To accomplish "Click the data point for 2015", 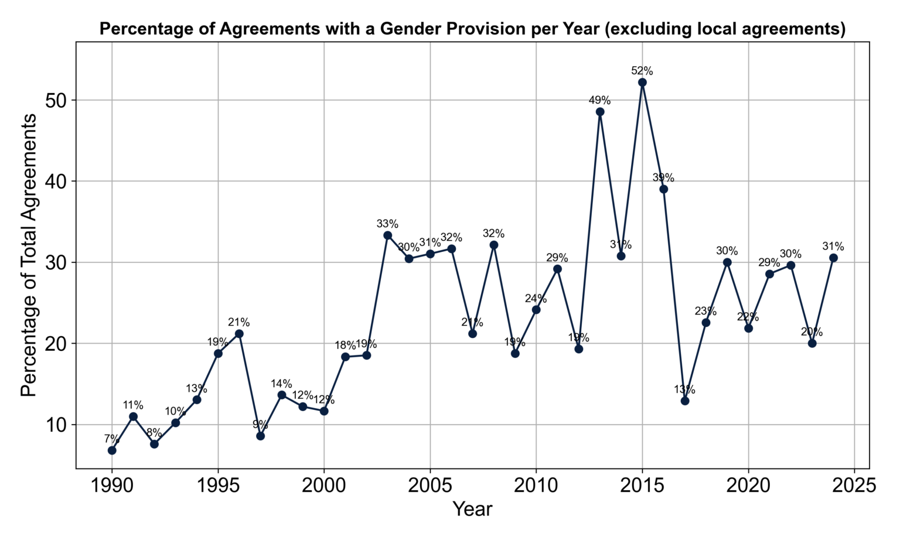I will point(642,83).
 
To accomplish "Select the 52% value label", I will point(642,71).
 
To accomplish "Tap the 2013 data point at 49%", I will point(600,112).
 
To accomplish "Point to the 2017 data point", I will point(685,401).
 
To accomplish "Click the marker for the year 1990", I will point(112,450).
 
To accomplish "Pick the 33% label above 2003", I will point(387,224).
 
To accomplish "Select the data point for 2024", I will point(833,258).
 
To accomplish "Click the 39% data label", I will point(663,177).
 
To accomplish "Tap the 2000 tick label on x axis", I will point(324,486).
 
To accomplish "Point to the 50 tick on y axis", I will point(57,100).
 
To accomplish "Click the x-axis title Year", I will point(472,509).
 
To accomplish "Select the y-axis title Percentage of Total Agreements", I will point(29,255).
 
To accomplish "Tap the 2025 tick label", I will point(854,486).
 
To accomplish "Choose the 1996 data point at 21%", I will point(239,334).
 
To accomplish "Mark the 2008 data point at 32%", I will point(494,245).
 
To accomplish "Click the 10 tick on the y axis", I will point(57,425).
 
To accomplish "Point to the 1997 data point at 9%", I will point(261,436).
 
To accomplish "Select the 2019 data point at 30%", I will point(727,262).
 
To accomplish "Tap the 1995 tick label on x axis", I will point(218,486).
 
